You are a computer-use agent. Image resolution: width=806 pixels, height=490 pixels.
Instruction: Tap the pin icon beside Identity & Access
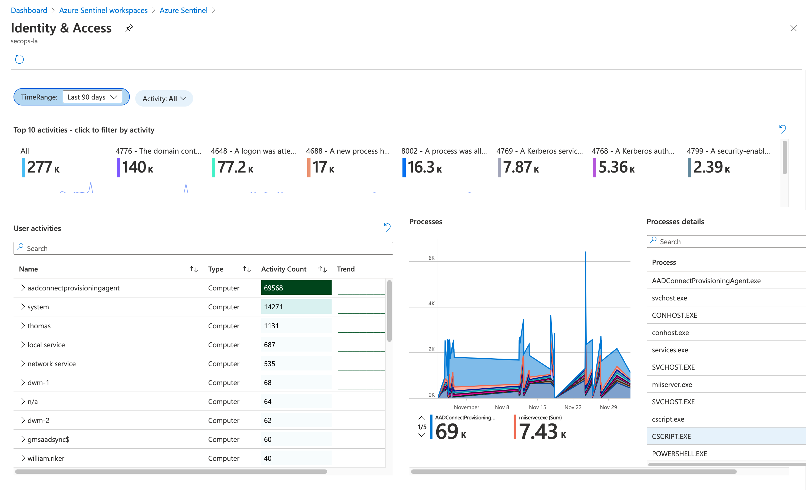[x=129, y=28]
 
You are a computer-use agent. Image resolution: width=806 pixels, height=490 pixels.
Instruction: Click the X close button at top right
[x=793, y=28]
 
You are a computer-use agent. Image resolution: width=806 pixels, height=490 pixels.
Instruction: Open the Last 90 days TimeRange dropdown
[x=92, y=97]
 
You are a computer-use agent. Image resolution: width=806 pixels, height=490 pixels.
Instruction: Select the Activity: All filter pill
[x=164, y=98]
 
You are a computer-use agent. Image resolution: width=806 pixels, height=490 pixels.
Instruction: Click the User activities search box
[x=203, y=248]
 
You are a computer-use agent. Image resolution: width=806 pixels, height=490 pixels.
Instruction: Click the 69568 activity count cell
[x=296, y=288]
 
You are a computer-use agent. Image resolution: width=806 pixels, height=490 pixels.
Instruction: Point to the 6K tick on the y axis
[x=431, y=258]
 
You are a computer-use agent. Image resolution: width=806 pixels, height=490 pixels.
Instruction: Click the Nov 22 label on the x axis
[x=573, y=407]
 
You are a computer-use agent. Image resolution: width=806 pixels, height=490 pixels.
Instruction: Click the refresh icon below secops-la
[x=20, y=59]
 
